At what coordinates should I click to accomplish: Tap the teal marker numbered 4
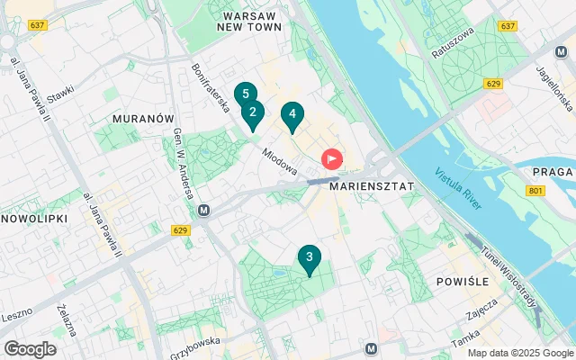tap(291, 115)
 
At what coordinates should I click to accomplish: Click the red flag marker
tap(332, 160)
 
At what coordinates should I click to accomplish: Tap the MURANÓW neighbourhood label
tap(143, 118)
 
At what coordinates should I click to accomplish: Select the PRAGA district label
tap(553, 172)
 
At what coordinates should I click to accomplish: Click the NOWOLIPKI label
tap(29, 219)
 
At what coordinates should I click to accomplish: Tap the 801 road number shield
tap(536, 191)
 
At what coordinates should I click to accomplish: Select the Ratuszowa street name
tap(451, 42)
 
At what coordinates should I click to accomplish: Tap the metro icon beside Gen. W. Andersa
tap(204, 211)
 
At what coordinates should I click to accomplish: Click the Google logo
tap(30, 349)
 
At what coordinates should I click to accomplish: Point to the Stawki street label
tap(60, 92)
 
